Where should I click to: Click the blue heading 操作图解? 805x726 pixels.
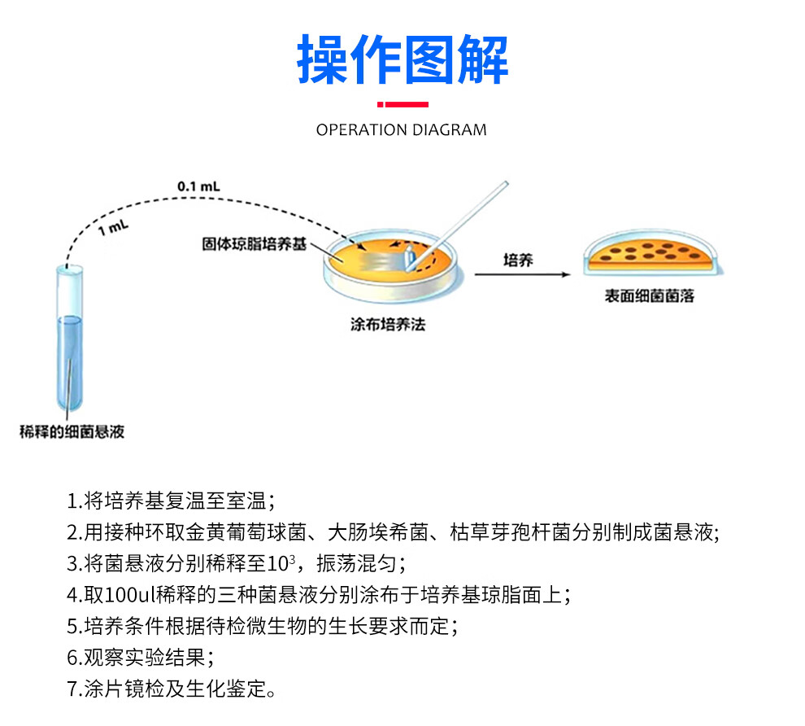402,59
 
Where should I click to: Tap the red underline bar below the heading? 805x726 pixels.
402,104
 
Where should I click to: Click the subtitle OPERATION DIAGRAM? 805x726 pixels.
402,129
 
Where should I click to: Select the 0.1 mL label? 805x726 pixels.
198,186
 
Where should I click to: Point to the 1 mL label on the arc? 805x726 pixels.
113,228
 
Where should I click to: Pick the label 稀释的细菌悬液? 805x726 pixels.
72,431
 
